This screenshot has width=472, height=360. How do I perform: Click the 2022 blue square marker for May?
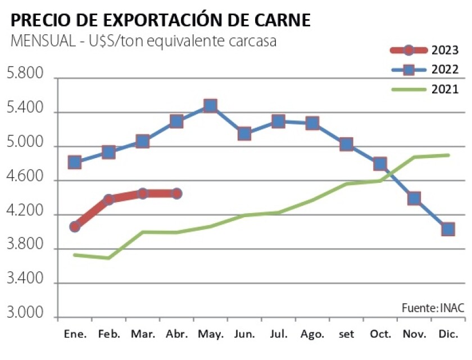[x=210, y=106]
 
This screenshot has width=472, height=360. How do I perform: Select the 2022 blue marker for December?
[x=448, y=229]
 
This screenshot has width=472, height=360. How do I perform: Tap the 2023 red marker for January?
[x=75, y=227]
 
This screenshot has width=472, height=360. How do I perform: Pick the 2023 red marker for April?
[x=176, y=193]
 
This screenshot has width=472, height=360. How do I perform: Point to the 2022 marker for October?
[x=380, y=164]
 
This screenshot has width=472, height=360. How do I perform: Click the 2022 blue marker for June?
[x=244, y=133]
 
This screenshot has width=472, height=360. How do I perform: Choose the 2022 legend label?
[x=445, y=70]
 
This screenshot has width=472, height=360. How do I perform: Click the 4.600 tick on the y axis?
[x=24, y=178]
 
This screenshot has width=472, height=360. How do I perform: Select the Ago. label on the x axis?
[x=312, y=334]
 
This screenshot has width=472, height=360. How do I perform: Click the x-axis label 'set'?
[x=346, y=334]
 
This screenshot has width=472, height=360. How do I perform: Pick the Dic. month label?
[x=448, y=334]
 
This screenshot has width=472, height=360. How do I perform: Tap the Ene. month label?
[x=75, y=334]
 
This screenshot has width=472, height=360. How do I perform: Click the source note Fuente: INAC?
[x=433, y=308]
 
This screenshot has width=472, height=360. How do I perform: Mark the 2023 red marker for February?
[x=108, y=199]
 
